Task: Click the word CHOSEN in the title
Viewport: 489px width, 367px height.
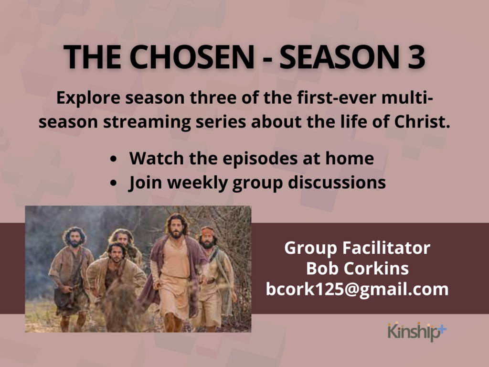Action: tap(192, 57)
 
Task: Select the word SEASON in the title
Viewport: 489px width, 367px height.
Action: tap(339, 57)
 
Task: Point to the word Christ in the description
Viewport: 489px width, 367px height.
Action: tap(422, 122)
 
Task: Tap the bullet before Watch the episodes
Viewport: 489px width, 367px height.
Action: tap(113, 159)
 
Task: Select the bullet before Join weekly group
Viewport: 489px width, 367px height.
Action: tap(113, 183)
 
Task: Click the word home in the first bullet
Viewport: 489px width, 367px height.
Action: tap(350, 158)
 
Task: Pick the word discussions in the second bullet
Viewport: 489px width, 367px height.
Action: tap(337, 182)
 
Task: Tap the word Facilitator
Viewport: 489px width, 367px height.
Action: tap(386, 248)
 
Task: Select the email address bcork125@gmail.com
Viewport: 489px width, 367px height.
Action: tap(357, 290)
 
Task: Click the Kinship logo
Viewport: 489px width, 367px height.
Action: tap(417, 332)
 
